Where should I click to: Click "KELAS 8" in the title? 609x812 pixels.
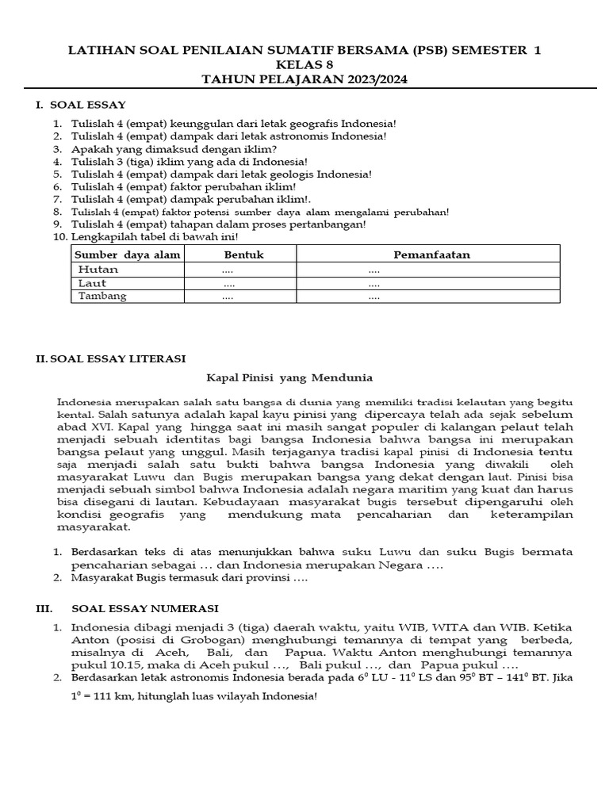[x=304, y=65]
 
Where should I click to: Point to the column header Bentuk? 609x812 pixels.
[x=243, y=255]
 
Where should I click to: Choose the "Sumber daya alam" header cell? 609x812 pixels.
[x=128, y=255]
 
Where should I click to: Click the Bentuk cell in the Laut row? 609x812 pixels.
[x=229, y=283]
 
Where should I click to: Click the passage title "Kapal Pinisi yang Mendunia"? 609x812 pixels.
[x=289, y=377]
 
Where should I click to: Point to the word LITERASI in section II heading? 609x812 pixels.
[x=153, y=359]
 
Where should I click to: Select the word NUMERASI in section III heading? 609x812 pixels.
[x=183, y=609]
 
